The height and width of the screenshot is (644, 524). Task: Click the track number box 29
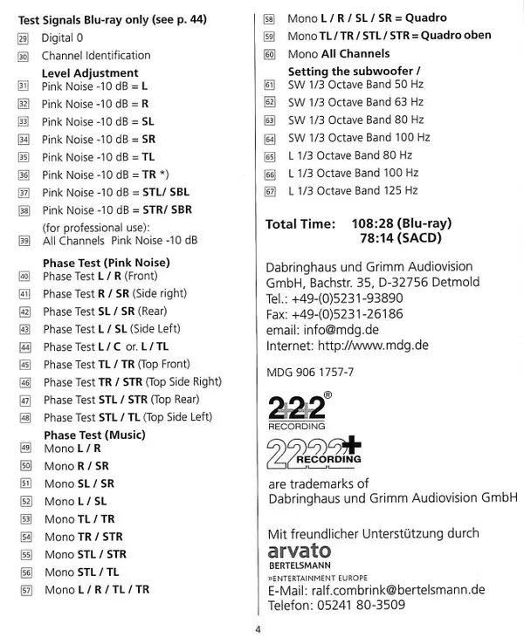(x=23, y=38)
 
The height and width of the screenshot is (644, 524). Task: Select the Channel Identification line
(x=96, y=55)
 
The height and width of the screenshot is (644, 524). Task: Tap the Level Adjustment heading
(x=91, y=72)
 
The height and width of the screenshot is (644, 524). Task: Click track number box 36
(x=23, y=175)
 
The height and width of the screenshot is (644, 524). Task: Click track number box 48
(x=23, y=417)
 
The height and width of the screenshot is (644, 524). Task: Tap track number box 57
(x=24, y=589)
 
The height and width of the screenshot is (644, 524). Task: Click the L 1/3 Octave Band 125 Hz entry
(x=353, y=190)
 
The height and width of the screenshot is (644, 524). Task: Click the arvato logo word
(x=300, y=551)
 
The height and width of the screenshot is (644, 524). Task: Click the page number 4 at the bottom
(x=258, y=631)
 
